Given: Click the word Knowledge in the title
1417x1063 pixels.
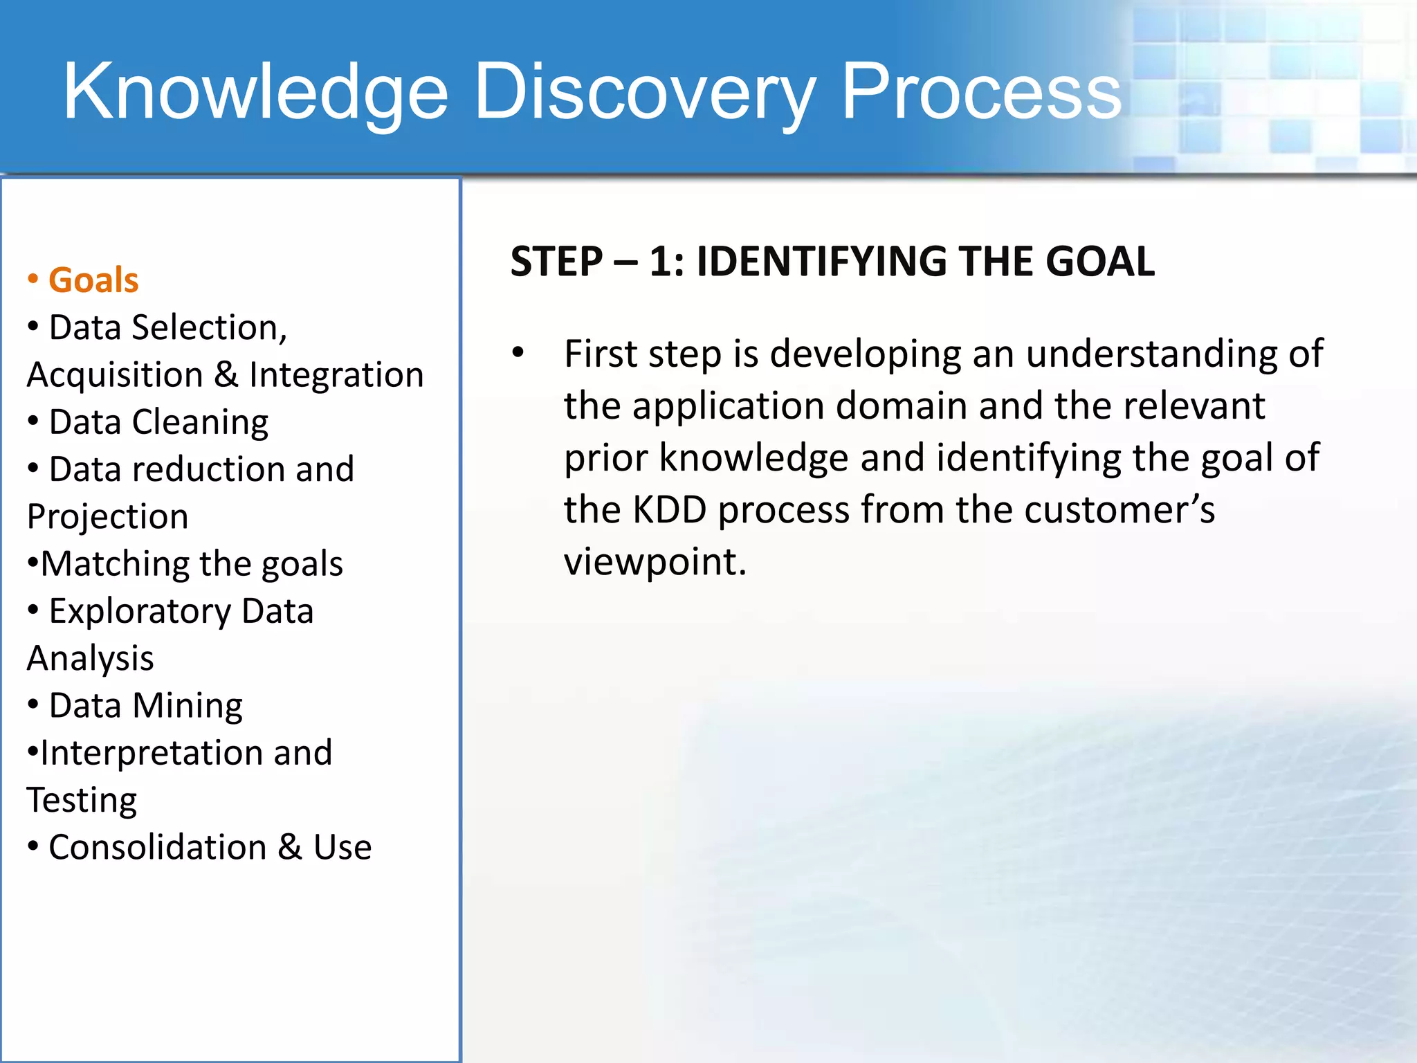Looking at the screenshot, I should [256, 92].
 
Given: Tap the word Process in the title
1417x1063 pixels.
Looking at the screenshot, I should [980, 92].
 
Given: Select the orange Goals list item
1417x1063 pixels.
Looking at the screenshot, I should [93, 280].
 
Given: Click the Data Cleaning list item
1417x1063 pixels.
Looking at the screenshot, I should [158, 422].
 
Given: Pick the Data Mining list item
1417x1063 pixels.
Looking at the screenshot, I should [145, 706].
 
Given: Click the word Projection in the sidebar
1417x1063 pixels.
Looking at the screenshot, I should [108, 517].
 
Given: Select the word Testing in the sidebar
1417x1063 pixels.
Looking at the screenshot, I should [82, 801].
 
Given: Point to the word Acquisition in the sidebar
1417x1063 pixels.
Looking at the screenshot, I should [115, 375].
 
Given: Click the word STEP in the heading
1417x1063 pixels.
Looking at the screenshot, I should [556, 262].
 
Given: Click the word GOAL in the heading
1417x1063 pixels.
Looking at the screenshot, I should [1099, 262].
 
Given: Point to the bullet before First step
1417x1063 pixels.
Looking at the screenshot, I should [518, 354].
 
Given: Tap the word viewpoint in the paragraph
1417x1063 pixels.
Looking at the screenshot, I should [654, 562].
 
